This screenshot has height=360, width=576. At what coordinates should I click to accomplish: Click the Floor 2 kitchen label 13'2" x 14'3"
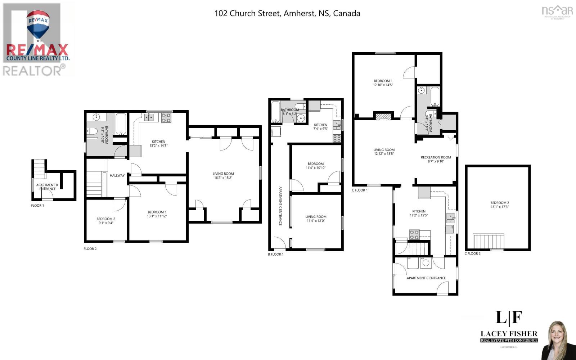(x=158, y=144)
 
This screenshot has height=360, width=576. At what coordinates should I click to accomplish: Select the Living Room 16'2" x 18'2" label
(x=223, y=176)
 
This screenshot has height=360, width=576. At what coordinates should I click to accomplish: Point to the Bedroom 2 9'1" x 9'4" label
(x=106, y=221)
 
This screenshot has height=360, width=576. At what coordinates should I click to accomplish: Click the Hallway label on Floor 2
(x=117, y=176)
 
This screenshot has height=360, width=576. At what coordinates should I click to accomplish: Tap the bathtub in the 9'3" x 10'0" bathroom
(x=121, y=123)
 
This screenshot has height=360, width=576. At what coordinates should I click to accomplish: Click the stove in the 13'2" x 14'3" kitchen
(x=166, y=118)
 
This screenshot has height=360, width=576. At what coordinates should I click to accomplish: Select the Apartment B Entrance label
(x=47, y=187)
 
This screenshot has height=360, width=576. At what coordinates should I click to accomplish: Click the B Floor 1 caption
(x=276, y=254)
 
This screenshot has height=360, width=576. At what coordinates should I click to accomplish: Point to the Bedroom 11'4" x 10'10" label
(x=316, y=166)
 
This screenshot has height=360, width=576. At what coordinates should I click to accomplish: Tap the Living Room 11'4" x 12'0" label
(x=316, y=219)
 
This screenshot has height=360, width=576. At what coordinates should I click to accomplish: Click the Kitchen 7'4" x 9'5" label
(x=320, y=127)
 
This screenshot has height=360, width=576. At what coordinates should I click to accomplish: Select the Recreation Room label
(x=436, y=159)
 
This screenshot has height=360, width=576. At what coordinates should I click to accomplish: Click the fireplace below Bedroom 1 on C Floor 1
(x=383, y=116)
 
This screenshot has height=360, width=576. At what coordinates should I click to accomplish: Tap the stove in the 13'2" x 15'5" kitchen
(x=414, y=235)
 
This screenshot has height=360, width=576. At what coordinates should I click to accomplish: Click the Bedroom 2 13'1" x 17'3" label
(x=499, y=204)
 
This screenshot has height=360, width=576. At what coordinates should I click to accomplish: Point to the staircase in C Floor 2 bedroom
(x=488, y=241)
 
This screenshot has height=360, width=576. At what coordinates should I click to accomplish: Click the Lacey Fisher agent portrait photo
(x=559, y=340)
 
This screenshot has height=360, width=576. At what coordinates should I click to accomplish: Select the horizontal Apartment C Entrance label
(x=426, y=278)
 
